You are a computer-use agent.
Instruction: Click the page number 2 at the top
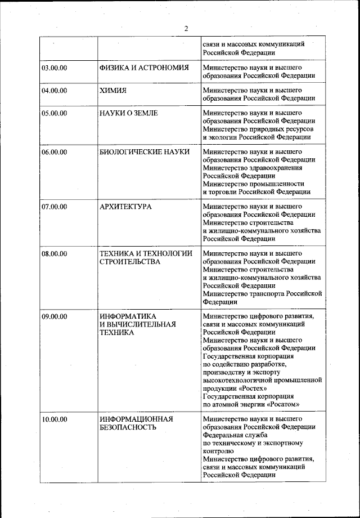pyautogui.click(x=186, y=29)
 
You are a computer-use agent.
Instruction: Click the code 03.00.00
pyautogui.click(x=55, y=68)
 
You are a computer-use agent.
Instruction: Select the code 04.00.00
pyautogui.click(x=55, y=90)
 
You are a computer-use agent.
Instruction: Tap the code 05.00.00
pyautogui.click(x=55, y=113)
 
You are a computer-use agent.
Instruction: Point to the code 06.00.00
pyautogui.click(x=55, y=152)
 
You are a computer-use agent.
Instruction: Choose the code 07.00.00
pyautogui.click(x=55, y=207)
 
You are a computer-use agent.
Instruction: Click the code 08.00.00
pyautogui.click(x=55, y=253)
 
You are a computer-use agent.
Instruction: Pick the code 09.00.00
pyautogui.click(x=55, y=316)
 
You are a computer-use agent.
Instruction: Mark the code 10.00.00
pyautogui.click(x=55, y=419)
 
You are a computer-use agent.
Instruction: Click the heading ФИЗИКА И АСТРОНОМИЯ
pyautogui.click(x=143, y=68)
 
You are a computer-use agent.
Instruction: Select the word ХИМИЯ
pyautogui.click(x=112, y=90)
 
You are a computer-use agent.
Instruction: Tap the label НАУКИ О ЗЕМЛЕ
pyautogui.click(x=128, y=113)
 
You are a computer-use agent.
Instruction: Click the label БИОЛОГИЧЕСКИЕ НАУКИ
pyautogui.click(x=144, y=152)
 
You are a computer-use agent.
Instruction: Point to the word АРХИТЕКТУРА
pyautogui.click(x=125, y=207)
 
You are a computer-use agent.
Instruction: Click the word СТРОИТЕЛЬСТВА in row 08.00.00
pyautogui.click(x=129, y=262)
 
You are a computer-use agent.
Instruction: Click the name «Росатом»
pyautogui.click(x=280, y=404)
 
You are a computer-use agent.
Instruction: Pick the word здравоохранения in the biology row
pyautogui.click(x=272, y=168)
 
